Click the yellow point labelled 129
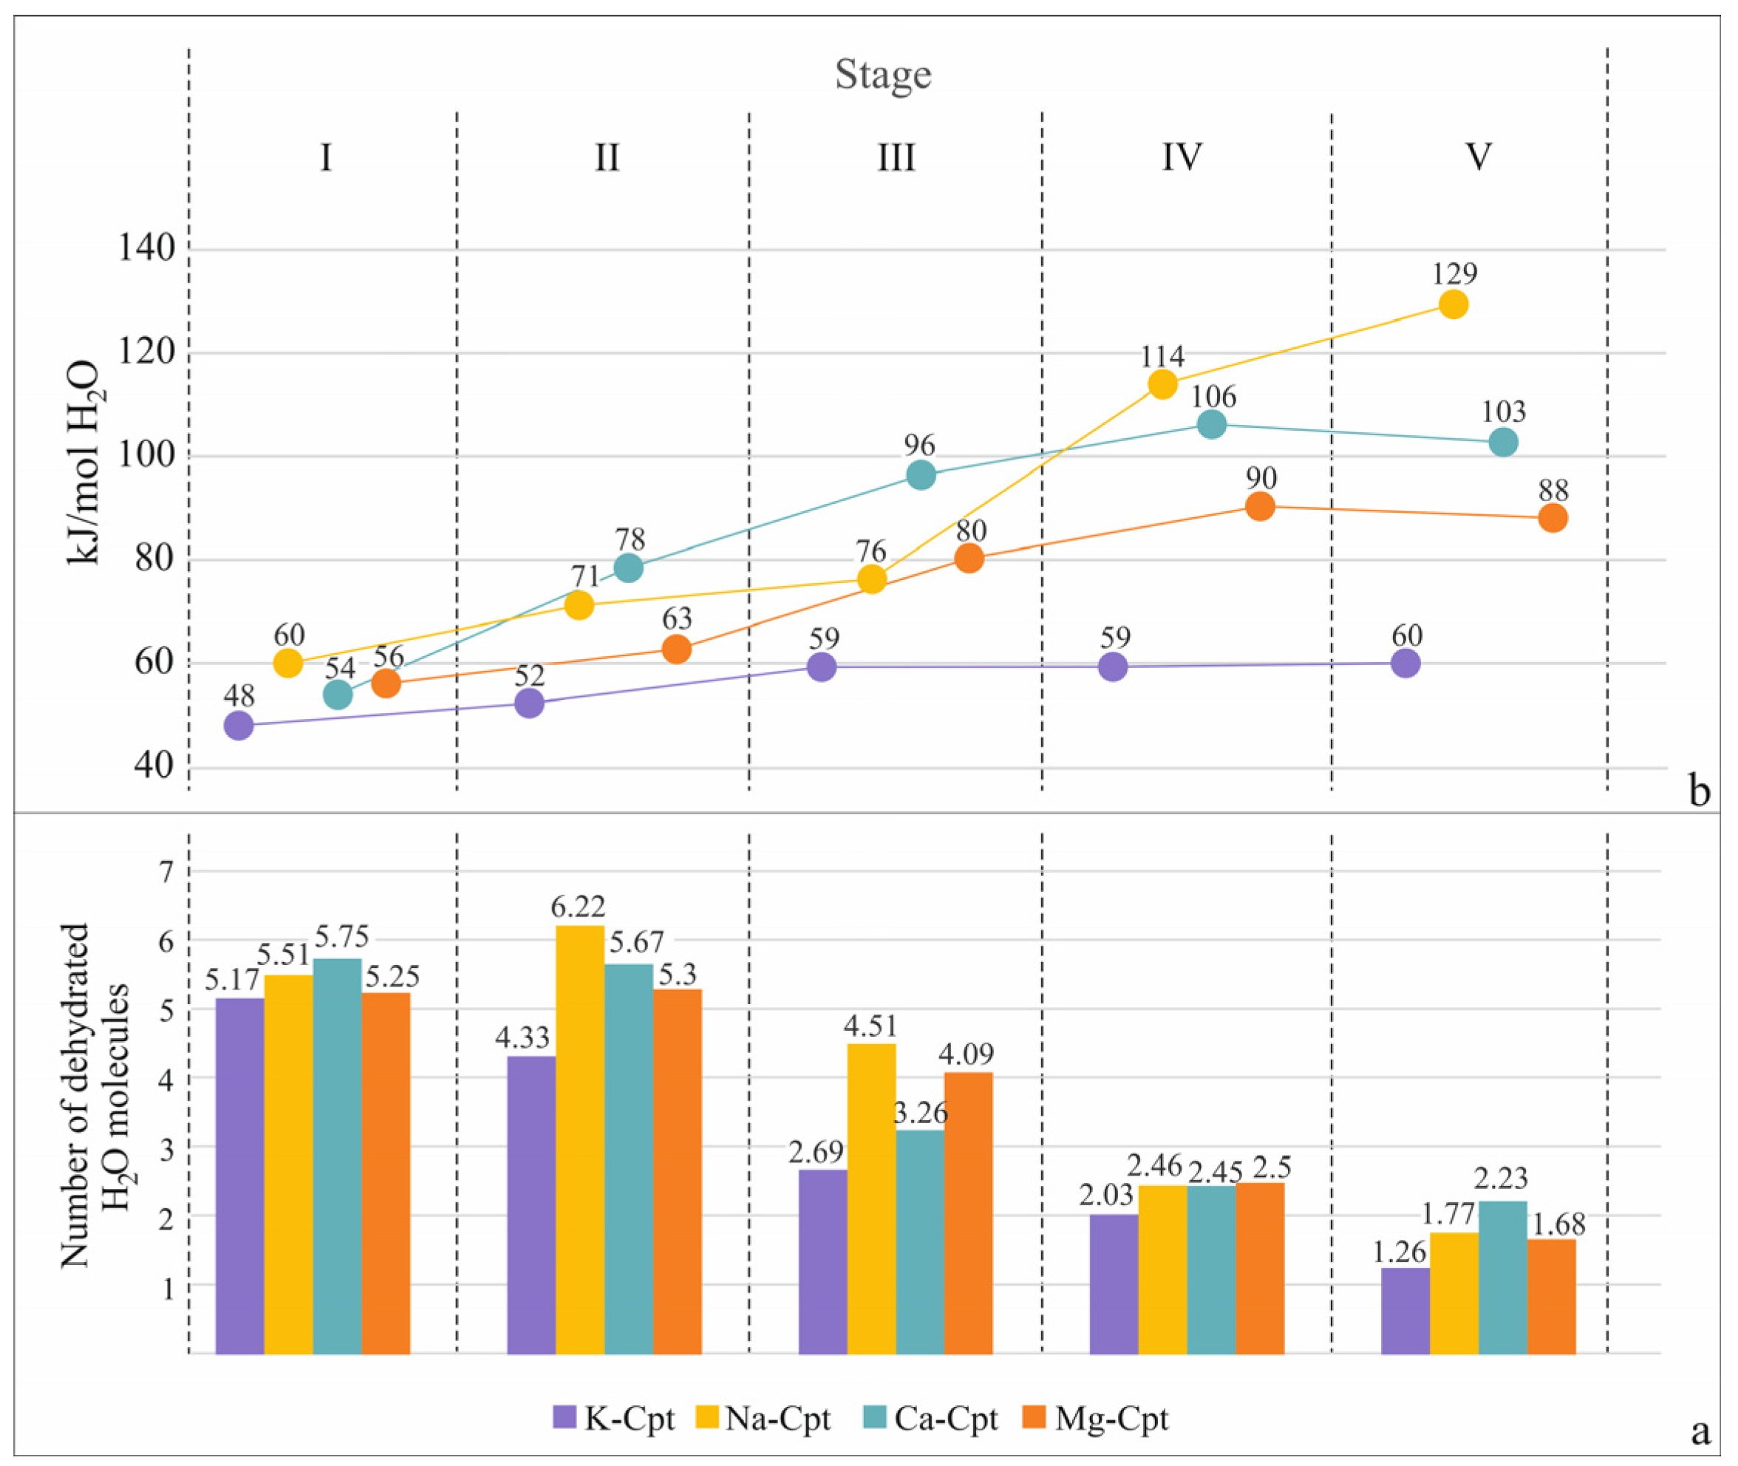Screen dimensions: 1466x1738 point(1453,304)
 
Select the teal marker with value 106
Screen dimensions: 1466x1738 point(1212,424)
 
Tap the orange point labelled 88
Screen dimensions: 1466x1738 point(1553,518)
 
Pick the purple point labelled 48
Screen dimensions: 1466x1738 point(239,726)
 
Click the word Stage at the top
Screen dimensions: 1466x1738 point(883,75)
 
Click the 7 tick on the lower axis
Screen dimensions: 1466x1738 point(167,872)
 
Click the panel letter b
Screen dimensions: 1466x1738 point(1700,791)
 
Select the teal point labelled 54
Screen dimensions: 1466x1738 point(338,694)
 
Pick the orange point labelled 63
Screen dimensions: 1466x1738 point(678,649)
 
